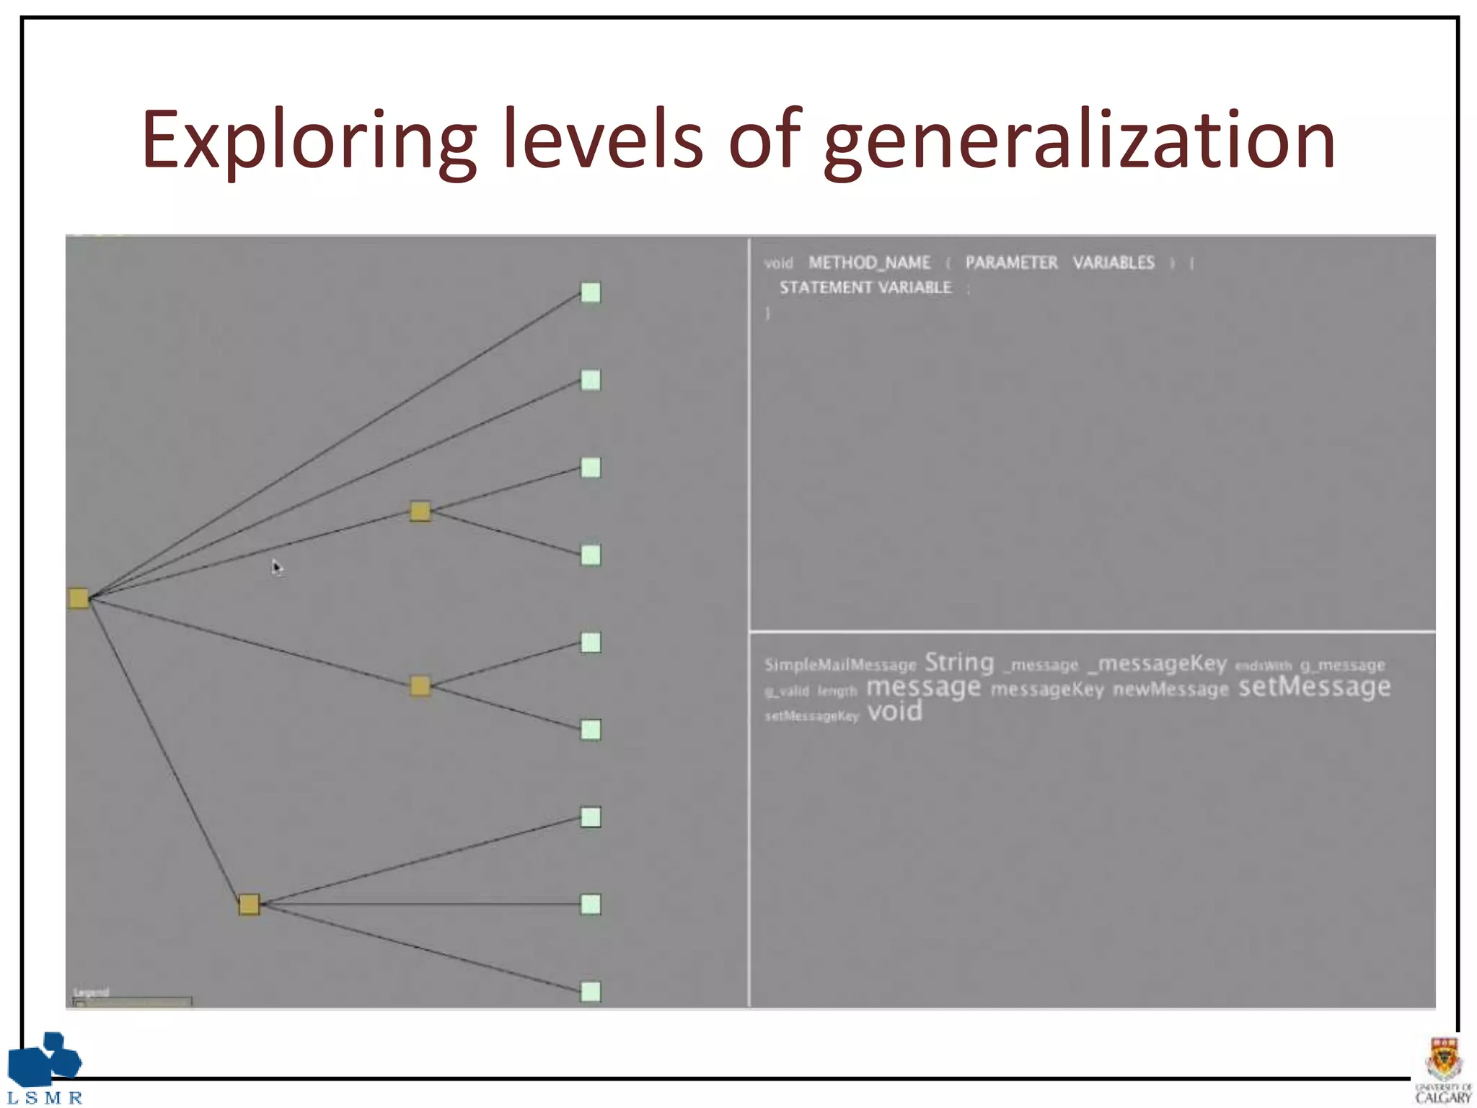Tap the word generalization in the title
pos(1080,141)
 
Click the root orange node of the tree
pos(79,598)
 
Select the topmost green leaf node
pos(591,292)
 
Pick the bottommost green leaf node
pos(591,992)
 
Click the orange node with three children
pos(249,905)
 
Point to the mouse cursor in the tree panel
pos(277,567)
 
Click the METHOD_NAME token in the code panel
pos(869,263)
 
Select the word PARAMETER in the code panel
pos(1011,263)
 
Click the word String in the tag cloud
pos(959,662)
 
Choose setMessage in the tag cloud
pos(1314,687)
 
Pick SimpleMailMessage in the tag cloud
pos(840,665)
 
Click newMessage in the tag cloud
pos(1170,690)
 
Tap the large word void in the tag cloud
pos(894,712)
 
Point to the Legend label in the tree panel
pos(92,993)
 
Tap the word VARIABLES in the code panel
pos(1114,263)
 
